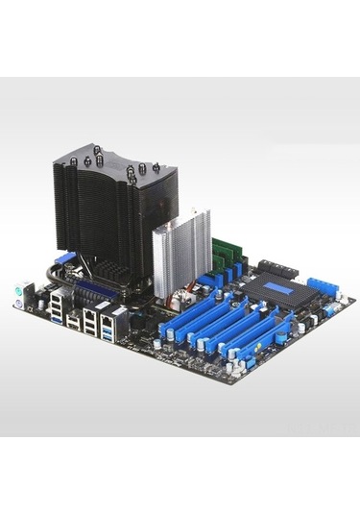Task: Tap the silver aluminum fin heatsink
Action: (183, 250)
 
